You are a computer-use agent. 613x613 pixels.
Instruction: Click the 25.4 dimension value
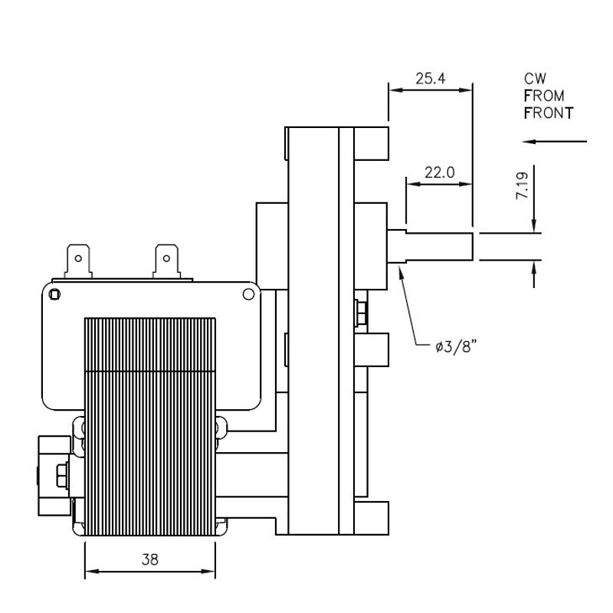click(430, 79)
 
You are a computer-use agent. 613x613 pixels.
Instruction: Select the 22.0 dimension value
click(439, 172)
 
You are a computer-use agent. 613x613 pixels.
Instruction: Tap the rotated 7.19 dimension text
click(522, 186)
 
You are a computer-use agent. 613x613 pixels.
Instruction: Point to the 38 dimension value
click(149, 559)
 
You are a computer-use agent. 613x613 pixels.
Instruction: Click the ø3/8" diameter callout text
click(456, 346)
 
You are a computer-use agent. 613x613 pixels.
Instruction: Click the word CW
click(535, 79)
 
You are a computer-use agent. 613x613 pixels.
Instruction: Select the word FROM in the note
click(544, 97)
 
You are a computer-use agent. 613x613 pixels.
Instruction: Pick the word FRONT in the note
click(549, 113)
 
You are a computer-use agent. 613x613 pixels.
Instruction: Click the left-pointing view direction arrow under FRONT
click(554, 141)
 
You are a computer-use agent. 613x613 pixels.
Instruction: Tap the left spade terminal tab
click(78, 261)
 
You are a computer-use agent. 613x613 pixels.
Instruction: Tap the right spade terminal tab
click(166, 261)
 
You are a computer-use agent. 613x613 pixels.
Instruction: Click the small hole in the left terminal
click(78, 258)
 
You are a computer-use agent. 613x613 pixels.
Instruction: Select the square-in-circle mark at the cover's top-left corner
click(54, 294)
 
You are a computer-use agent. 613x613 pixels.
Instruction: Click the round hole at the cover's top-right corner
click(248, 294)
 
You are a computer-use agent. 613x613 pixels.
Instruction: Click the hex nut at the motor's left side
click(62, 475)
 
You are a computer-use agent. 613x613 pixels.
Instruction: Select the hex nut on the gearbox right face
click(360, 313)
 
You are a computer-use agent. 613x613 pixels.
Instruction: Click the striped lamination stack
click(150, 427)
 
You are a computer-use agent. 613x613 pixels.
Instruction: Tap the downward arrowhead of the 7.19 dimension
click(534, 225)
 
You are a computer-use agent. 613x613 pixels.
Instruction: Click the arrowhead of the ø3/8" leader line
click(400, 271)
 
